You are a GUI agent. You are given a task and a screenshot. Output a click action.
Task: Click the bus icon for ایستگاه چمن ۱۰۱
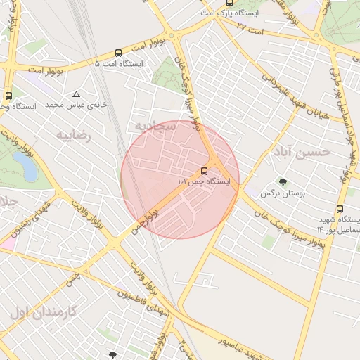[x=205, y=171]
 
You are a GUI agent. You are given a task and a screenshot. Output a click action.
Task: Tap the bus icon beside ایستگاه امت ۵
[x=118, y=53]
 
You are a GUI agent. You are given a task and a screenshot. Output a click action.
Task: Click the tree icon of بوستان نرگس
[x=283, y=182]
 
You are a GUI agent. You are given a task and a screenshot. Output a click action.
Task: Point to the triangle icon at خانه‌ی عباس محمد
[x=76, y=94]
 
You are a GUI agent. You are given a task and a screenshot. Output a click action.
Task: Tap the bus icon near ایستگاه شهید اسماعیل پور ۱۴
[x=340, y=210]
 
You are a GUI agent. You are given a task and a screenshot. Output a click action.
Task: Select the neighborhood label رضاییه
[x=74, y=135]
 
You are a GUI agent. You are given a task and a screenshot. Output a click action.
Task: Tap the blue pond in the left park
[x=25, y=167]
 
